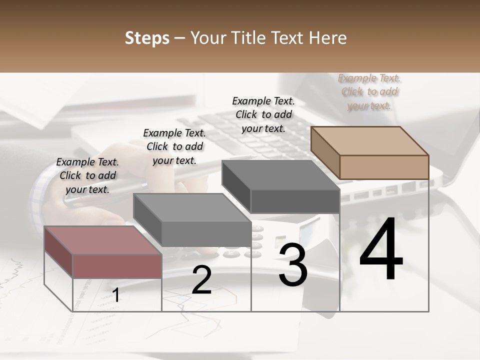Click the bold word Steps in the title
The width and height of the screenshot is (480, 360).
[x=147, y=38]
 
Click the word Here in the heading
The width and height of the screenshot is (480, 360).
[x=328, y=38]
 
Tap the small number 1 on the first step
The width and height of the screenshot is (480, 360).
[x=116, y=295]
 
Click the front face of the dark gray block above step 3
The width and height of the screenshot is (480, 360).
[x=295, y=201]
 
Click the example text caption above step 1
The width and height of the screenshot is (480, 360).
[x=87, y=176]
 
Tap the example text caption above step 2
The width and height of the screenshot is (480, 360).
[x=174, y=147]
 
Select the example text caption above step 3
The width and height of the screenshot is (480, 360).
[x=263, y=115]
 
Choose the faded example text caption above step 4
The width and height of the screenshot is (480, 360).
[x=369, y=92]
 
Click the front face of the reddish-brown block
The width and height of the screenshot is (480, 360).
[x=117, y=266]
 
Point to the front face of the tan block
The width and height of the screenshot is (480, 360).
[x=384, y=167]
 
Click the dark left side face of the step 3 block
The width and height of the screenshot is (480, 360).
[x=236, y=186]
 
